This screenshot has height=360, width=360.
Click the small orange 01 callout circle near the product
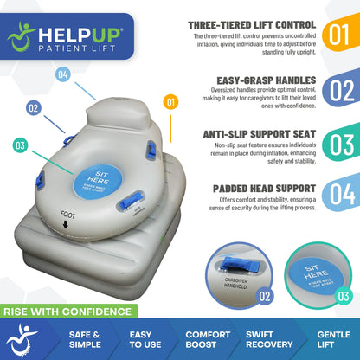(170, 102)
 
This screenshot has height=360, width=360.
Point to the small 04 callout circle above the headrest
(62, 74)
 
